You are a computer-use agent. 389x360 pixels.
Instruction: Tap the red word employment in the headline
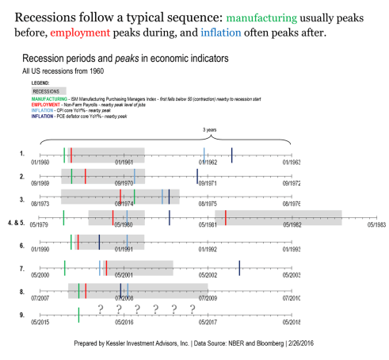(x=80, y=34)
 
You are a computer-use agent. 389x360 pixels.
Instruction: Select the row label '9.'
(x=22, y=316)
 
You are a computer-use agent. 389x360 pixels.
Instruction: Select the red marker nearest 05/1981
(x=226, y=216)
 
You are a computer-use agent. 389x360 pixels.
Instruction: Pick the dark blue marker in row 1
(x=231, y=155)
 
